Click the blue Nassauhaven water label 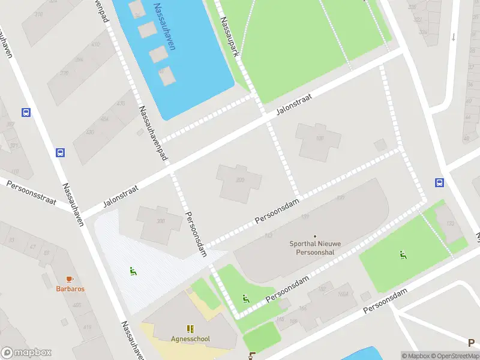(x=164, y=27)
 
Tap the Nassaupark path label (x=230, y=36)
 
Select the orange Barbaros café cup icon (x=70, y=279)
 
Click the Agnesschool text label (x=190, y=338)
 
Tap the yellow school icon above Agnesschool (x=190, y=328)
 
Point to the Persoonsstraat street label (x=31, y=193)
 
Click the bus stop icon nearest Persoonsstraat (x=61, y=152)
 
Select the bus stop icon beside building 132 (x=439, y=183)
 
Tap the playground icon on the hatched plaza (x=133, y=271)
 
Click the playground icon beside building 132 (x=403, y=255)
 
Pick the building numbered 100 (x=319, y=139)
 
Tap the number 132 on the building (x=449, y=224)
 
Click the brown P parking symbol (x=471, y=343)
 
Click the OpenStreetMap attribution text (x=455, y=356)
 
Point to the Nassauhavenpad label (x=153, y=133)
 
